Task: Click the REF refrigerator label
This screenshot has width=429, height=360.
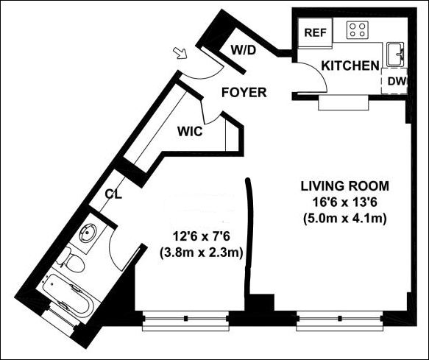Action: click(316, 32)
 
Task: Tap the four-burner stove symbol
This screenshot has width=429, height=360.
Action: click(358, 30)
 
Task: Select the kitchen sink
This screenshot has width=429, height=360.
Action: click(395, 54)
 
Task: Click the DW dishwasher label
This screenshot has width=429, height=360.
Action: click(397, 81)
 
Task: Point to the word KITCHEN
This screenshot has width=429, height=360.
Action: click(350, 66)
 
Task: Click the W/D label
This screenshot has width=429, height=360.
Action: click(244, 50)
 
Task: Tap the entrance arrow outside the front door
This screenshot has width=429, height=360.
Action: click(180, 53)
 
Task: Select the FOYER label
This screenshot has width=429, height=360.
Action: click(244, 93)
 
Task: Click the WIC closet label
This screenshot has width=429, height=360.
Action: click(190, 131)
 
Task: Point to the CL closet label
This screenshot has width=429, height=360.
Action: click(113, 194)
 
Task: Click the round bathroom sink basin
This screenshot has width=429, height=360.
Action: click(88, 233)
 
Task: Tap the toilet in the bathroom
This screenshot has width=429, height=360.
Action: click(71, 261)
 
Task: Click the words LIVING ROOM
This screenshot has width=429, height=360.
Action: click(344, 186)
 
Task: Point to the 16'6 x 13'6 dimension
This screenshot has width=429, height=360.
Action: click(344, 202)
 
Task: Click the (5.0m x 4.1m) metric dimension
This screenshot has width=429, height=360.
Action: click(344, 219)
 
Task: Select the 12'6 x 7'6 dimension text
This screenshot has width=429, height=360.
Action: click(201, 236)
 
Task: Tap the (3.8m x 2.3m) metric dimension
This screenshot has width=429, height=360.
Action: click(201, 253)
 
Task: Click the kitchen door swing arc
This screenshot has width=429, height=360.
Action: click(317, 74)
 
